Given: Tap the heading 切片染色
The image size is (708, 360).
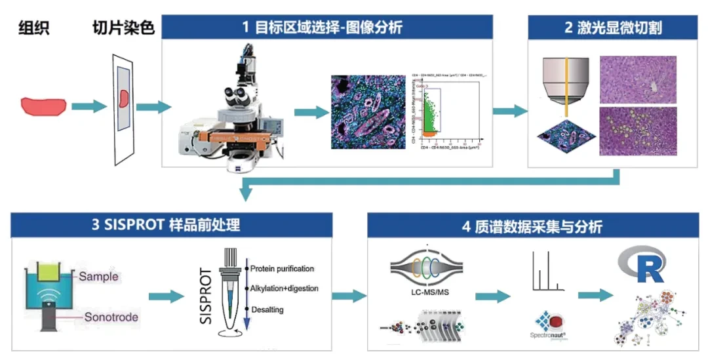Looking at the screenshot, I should point(124,28).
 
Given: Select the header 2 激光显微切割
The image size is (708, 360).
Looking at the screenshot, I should point(612,28).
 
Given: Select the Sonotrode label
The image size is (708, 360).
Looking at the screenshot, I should point(111,317).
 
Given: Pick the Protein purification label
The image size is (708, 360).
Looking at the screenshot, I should point(282,268).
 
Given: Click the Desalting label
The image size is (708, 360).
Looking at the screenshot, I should point(269,308).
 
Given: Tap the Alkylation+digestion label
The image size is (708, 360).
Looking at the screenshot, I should point(284,288).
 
